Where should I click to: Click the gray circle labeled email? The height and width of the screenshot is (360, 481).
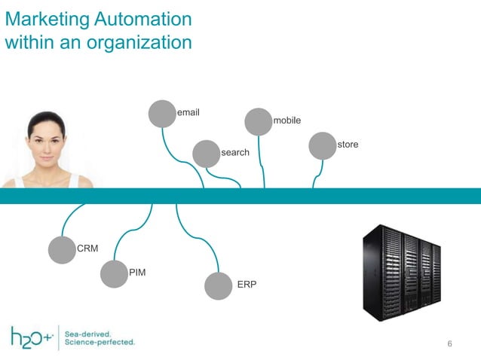click(x=161, y=114)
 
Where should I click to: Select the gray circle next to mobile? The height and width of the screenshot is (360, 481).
click(x=259, y=121)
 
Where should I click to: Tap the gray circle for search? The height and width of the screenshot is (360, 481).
click(x=206, y=153)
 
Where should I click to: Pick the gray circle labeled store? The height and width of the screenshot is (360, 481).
click(x=323, y=146)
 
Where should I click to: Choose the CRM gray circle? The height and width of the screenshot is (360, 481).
click(x=62, y=250)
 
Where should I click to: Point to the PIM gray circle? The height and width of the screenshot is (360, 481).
click(x=114, y=274)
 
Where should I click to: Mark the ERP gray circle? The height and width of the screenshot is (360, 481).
click(x=219, y=286)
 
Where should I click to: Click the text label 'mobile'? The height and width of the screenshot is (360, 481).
click(x=286, y=121)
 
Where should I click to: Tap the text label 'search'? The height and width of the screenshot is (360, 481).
click(x=234, y=153)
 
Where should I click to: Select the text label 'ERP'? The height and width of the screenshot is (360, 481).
click(x=247, y=285)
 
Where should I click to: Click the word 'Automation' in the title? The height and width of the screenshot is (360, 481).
click(x=141, y=18)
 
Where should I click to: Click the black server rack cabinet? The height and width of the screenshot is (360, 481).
click(x=400, y=273)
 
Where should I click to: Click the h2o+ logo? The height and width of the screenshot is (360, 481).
click(x=32, y=337)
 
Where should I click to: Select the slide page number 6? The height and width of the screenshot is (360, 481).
click(x=449, y=344)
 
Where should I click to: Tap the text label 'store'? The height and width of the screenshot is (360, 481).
click(x=348, y=144)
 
